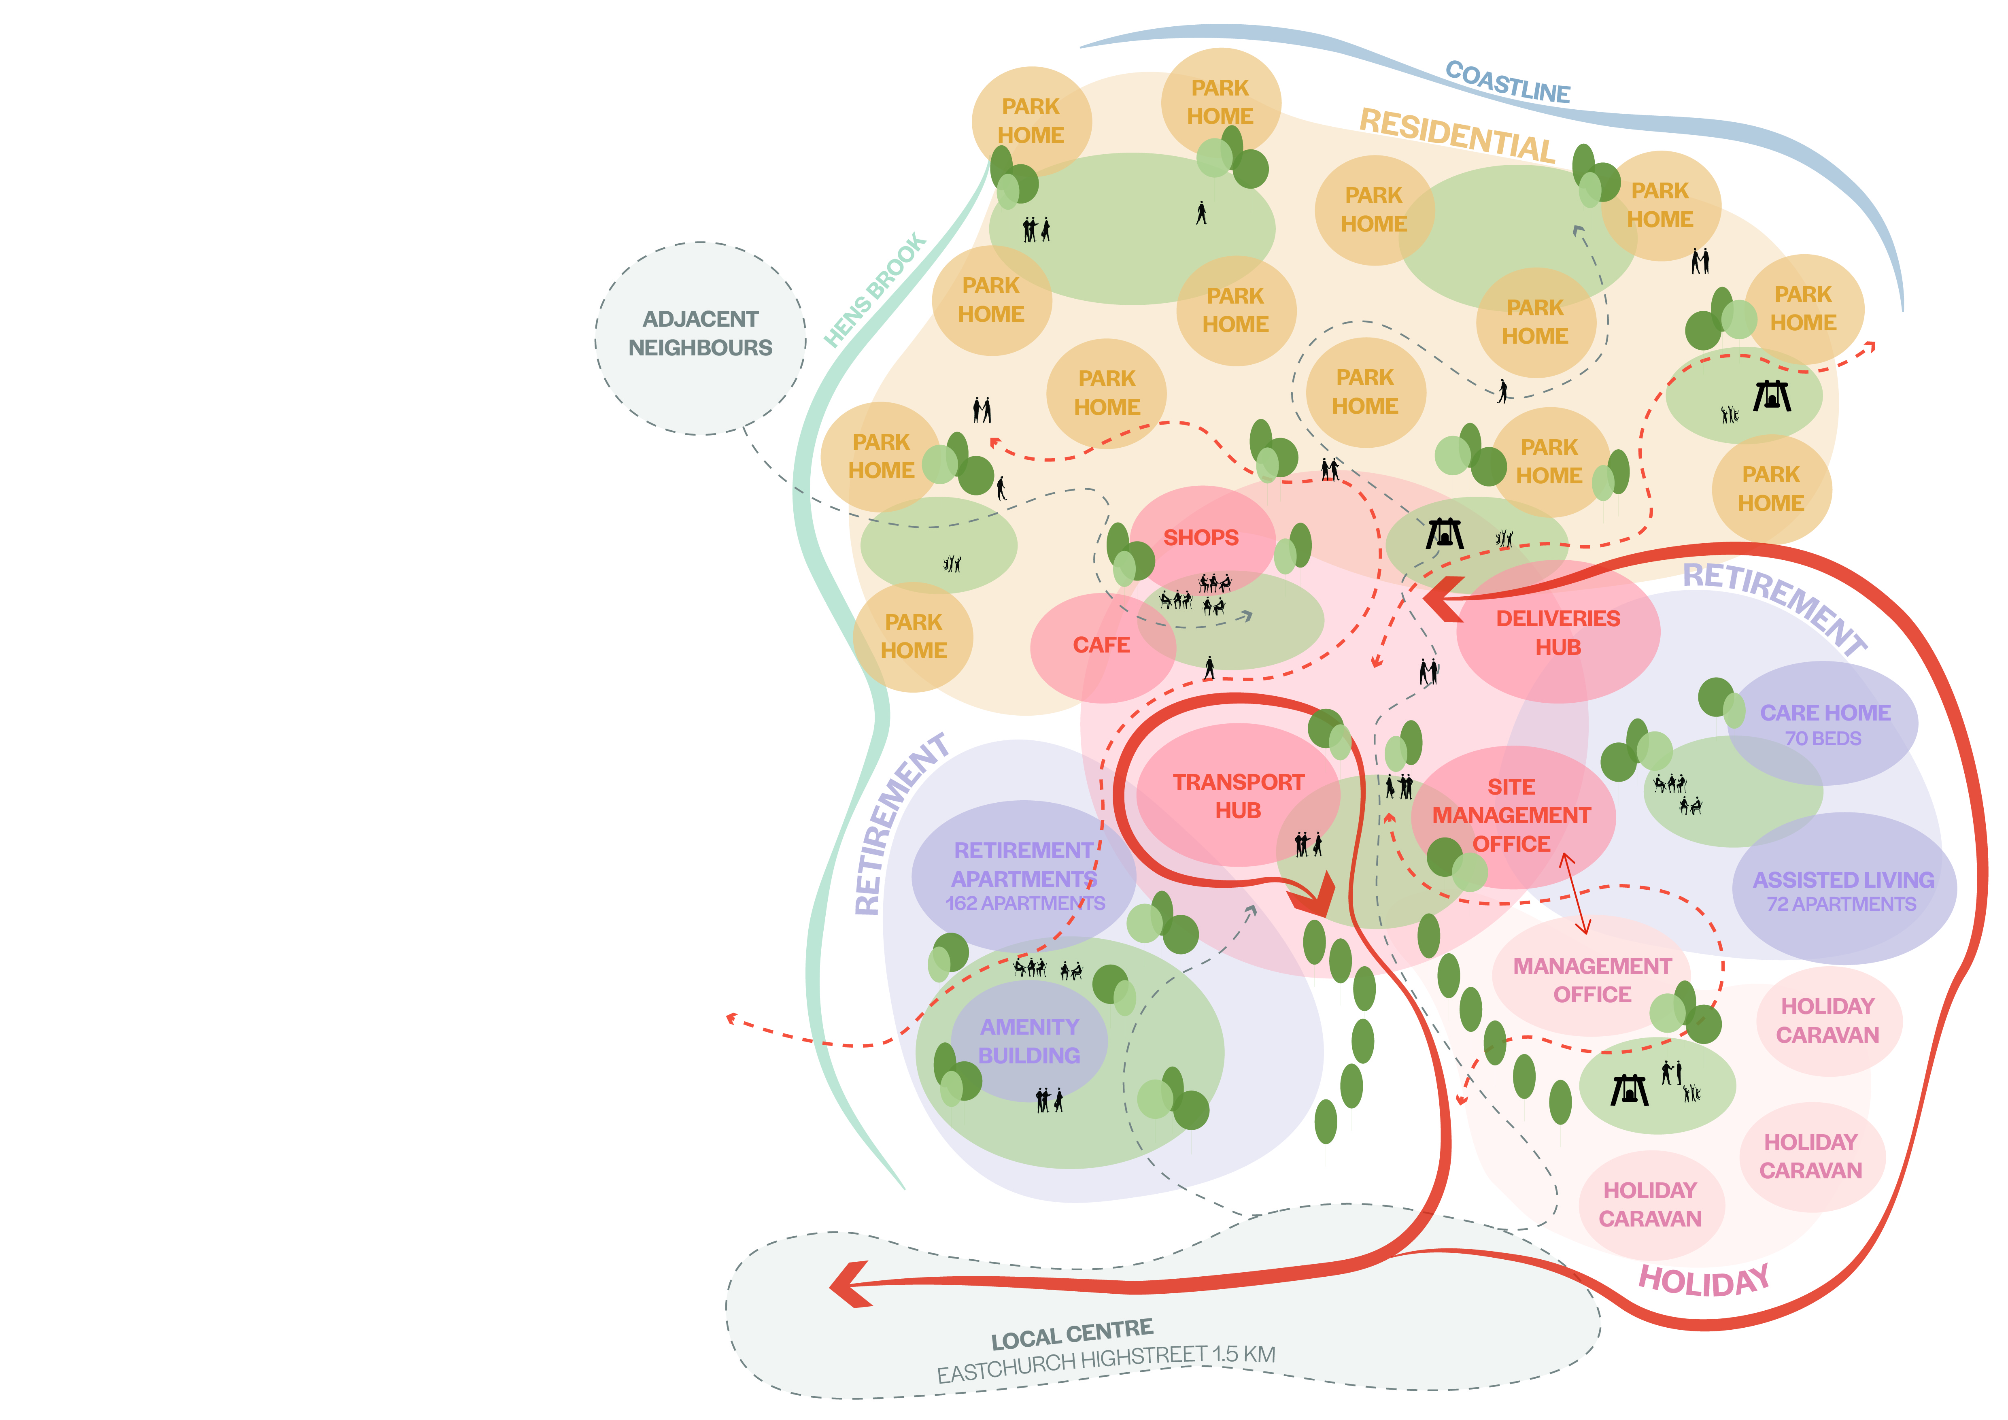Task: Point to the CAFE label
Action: click(x=1101, y=645)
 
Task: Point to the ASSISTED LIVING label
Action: click(x=1843, y=880)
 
